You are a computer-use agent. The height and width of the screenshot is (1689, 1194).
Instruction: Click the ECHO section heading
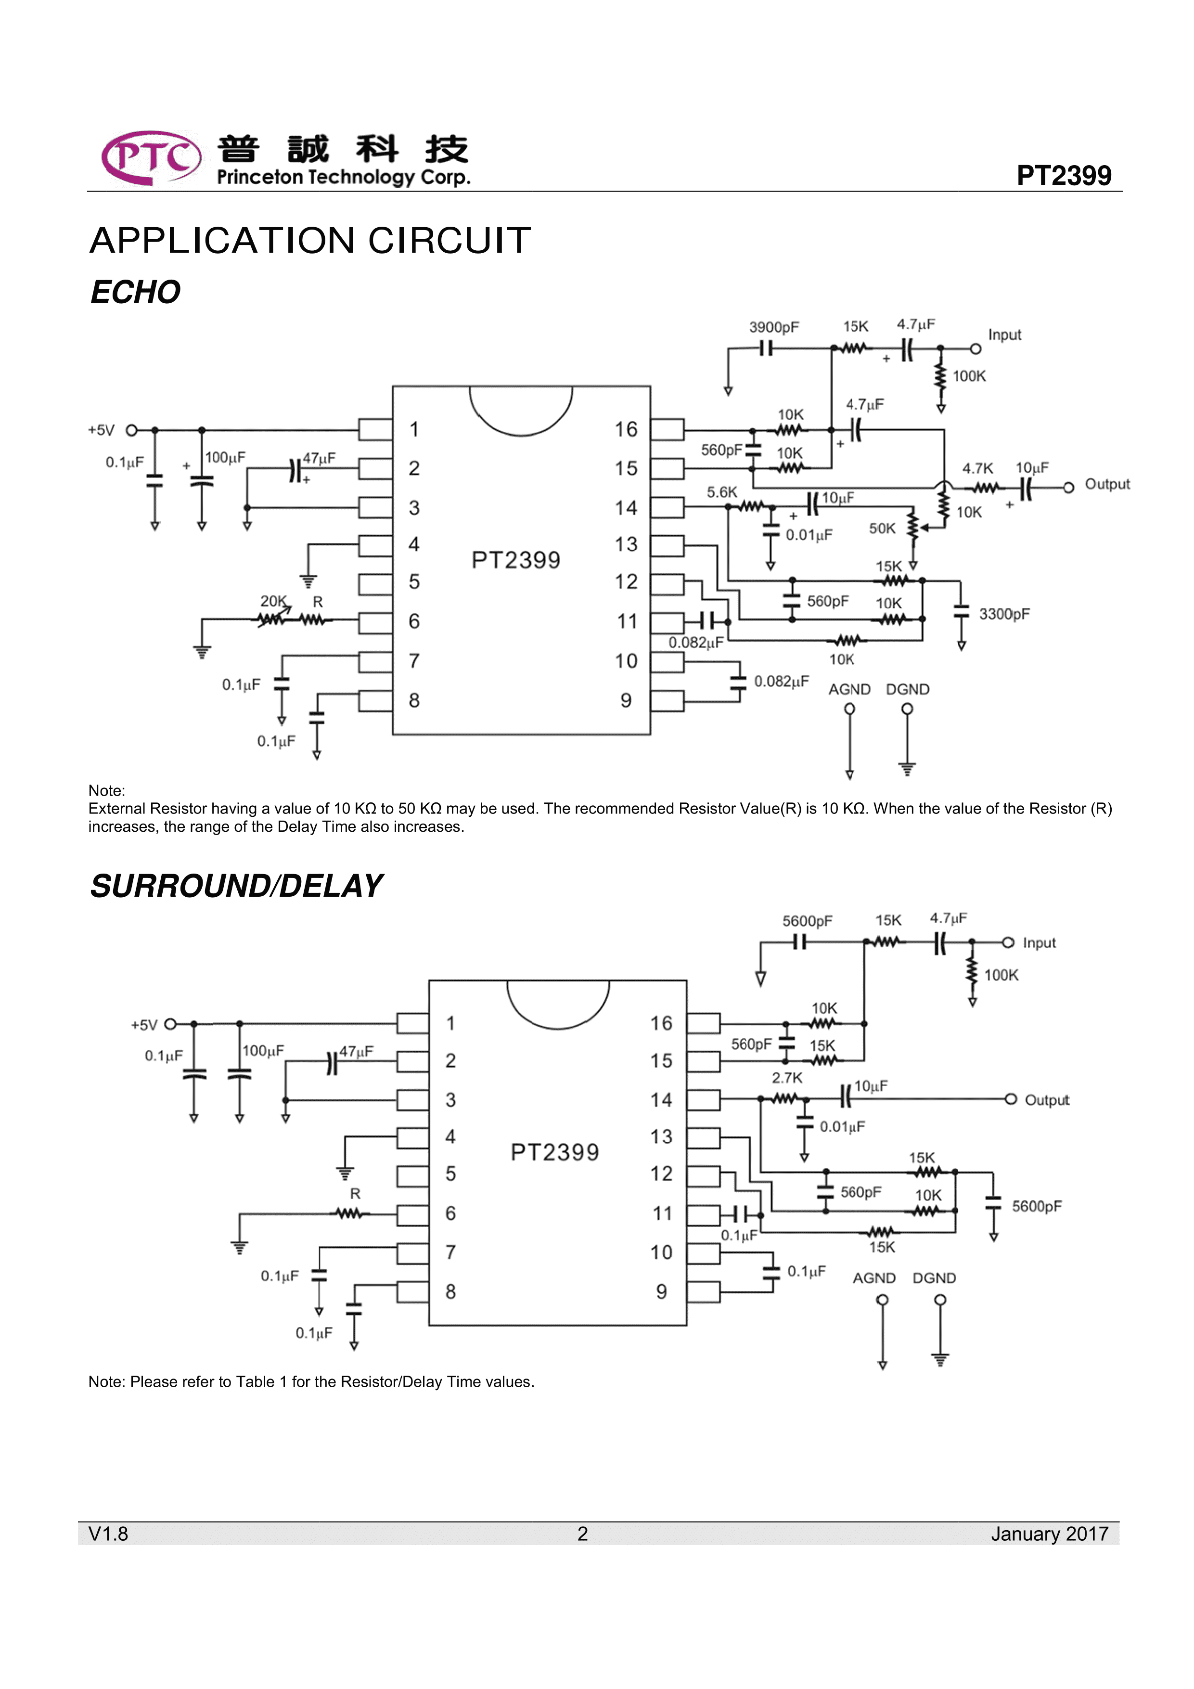click(135, 292)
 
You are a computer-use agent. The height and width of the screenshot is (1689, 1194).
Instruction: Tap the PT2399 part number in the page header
click(1063, 176)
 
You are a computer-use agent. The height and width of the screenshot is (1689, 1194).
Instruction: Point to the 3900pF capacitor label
click(773, 327)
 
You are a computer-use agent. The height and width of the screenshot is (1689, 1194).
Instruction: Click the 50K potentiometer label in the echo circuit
click(882, 528)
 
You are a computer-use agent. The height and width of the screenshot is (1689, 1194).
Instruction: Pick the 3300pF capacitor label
click(1004, 614)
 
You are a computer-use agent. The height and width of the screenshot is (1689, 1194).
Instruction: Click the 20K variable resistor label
click(273, 601)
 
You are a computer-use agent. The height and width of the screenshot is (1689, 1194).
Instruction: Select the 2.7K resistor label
click(787, 1078)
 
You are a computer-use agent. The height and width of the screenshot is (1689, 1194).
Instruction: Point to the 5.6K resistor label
click(722, 492)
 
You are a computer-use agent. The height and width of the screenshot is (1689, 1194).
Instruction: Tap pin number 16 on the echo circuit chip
click(626, 430)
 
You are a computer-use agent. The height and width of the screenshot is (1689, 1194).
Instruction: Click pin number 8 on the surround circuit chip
click(451, 1292)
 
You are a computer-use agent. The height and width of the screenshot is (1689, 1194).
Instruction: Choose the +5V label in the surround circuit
click(144, 1025)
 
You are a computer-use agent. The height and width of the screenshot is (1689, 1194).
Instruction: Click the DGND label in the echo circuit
click(907, 689)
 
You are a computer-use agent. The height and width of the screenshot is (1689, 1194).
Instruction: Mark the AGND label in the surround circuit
click(874, 1278)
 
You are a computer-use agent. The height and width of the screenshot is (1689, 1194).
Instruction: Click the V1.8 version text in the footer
click(108, 1534)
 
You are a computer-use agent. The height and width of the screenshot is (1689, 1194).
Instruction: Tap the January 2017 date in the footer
click(1049, 1534)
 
